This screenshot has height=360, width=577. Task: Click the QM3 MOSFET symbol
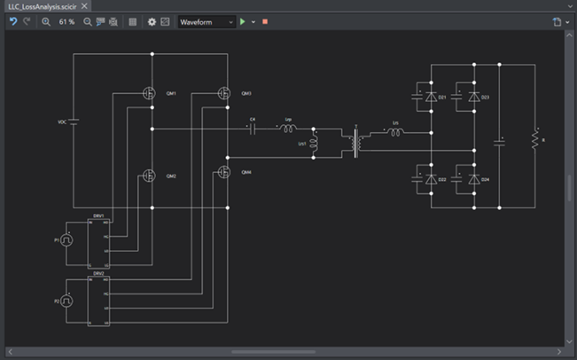click(226, 93)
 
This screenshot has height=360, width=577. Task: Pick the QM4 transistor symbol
click(226, 172)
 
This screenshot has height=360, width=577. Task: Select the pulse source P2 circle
click(66, 301)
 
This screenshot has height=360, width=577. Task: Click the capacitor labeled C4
click(253, 129)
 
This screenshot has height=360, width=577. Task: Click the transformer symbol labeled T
click(357, 143)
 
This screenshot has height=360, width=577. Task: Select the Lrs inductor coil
click(395, 133)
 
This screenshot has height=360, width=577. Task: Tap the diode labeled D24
click(473, 179)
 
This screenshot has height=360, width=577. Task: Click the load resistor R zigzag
click(534, 139)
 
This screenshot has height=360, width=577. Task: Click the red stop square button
click(264, 21)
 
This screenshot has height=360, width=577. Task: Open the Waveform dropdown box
click(207, 21)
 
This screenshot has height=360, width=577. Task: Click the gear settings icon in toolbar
click(152, 21)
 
